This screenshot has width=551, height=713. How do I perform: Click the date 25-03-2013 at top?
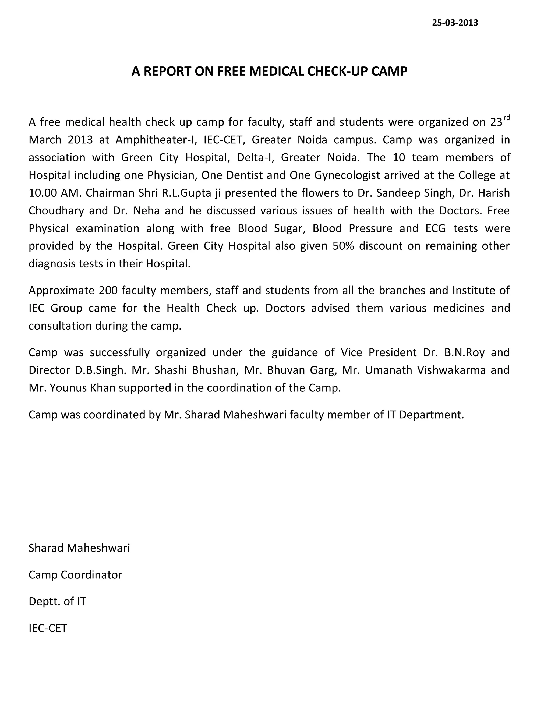[x=455, y=23]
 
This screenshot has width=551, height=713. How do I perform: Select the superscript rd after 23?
[x=506, y=118]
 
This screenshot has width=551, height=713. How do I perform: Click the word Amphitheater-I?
[x=156, y=140]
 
